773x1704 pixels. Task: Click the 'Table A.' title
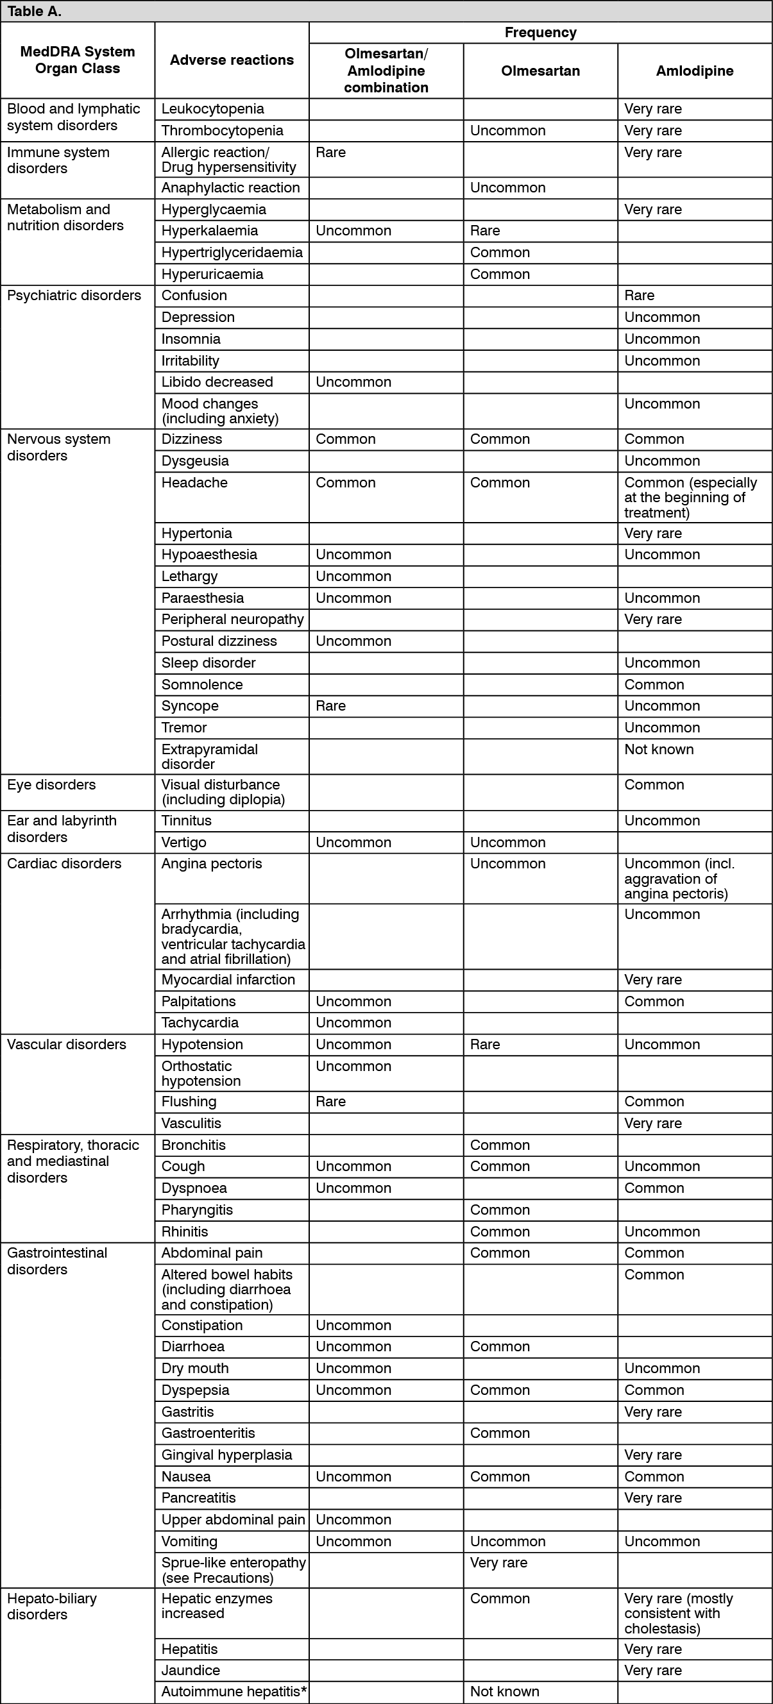pos(34,12)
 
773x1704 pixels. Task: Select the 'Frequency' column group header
pos(540,33)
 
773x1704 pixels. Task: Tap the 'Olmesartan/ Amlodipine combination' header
pos(386,71)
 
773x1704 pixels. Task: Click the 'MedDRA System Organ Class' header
pos(78,60)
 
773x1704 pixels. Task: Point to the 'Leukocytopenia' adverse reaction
pos(212,109)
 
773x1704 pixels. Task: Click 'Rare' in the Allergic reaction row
pos(330,153)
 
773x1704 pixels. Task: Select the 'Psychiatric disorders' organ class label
pos(74,296)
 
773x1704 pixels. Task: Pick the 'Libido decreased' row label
pos(217,382)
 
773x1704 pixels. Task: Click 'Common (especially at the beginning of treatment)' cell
pos(690,498)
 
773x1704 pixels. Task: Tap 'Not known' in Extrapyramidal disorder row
pos(659,750)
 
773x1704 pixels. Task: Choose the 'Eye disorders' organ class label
pos(51,785)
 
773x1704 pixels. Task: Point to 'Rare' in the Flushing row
pos(330,1102)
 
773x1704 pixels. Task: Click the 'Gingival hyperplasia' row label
pos(226,1455)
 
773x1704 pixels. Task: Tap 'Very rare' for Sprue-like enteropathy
pos(498,1563)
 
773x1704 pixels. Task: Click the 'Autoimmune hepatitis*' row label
pos(234,1692)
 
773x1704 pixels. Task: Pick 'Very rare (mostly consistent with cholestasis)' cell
pos(677,1614)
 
